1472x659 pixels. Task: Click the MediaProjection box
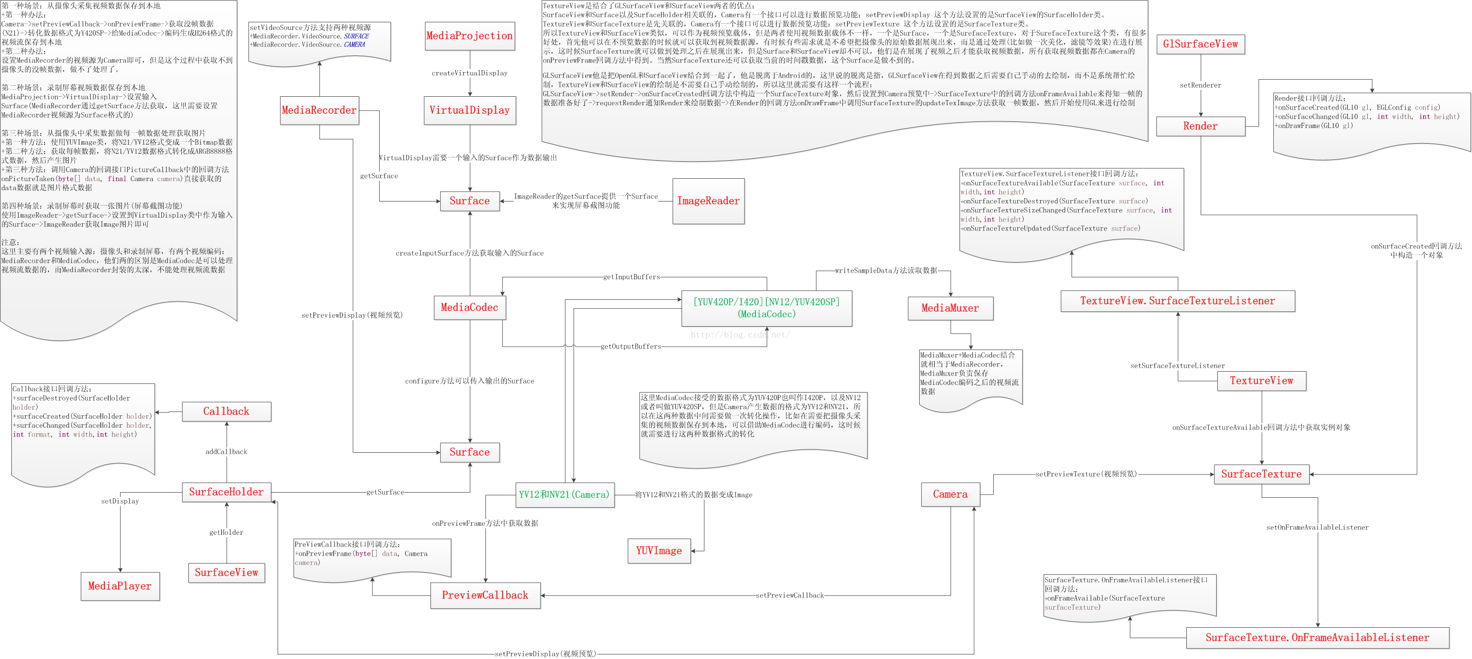[470, 36]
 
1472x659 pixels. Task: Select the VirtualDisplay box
[470, 110]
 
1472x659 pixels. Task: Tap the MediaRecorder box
[319, 110]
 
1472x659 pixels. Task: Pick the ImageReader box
[708, 201]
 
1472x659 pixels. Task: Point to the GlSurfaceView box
[1200, 44]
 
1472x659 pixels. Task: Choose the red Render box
[1200, 126]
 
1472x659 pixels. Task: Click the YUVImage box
[659, 551]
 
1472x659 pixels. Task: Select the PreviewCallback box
[484, 595]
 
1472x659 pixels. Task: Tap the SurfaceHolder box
[226, 492]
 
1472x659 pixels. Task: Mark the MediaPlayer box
[120, 586]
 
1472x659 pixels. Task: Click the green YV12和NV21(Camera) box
[564, 495]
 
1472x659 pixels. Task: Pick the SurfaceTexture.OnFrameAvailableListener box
[1317, 638]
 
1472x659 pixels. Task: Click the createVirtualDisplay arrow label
[469, 73]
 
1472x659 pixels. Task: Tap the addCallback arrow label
[226, 452]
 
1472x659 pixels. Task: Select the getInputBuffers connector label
[632, 277]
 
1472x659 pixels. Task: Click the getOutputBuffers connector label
[631, 347]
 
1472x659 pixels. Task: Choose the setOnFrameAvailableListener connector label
[1317, 528]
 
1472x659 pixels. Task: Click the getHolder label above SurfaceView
[226, 533]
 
